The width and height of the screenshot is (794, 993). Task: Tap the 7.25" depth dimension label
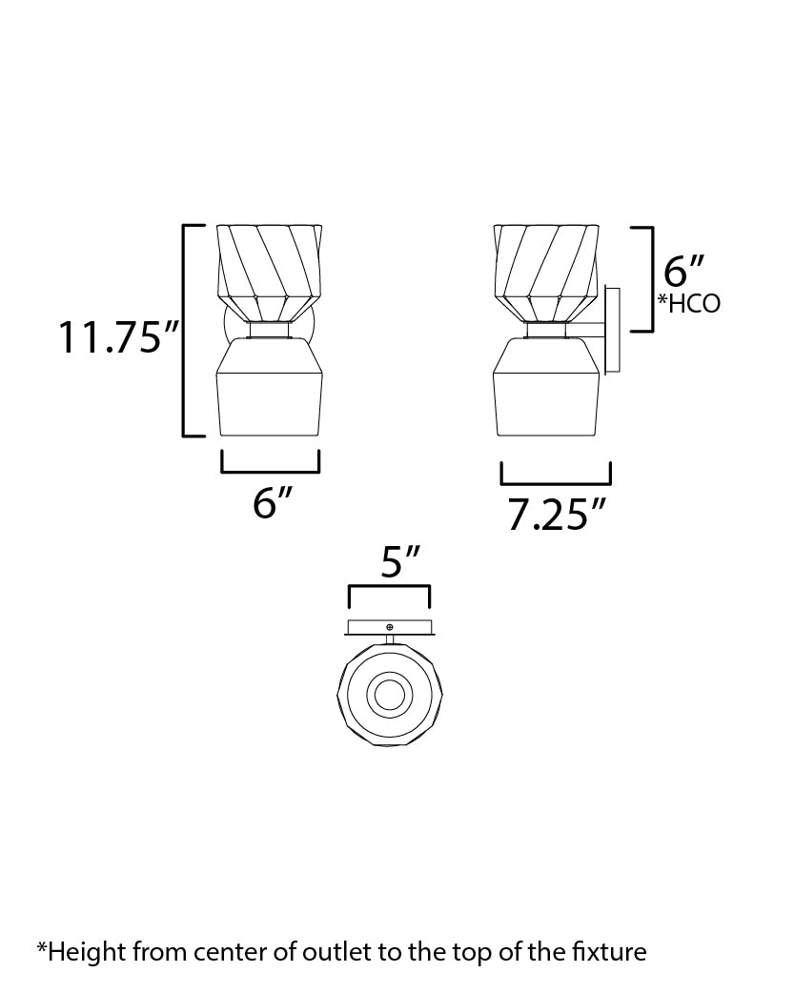(x=556, y=516)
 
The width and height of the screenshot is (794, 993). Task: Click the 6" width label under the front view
(x=271, y=503)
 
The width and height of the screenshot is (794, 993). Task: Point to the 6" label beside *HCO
(x=683, y=271)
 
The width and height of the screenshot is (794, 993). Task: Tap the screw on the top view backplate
(x=390, y=626)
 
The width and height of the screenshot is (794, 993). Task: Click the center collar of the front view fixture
(x=271, y=330)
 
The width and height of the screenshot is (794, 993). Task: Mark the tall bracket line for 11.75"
(x=185, y=330)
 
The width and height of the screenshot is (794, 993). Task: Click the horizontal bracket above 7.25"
(x=556, y=482)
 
